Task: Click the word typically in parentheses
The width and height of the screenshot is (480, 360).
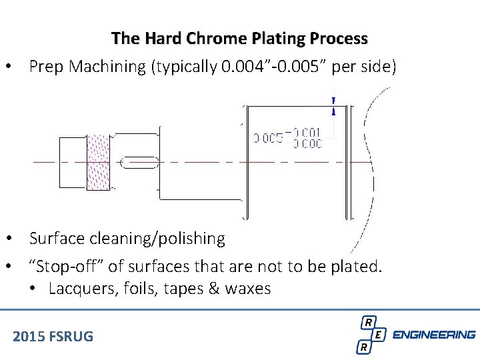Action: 185,67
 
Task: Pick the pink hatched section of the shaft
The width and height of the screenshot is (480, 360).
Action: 98,161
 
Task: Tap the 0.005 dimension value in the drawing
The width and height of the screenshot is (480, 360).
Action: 268,139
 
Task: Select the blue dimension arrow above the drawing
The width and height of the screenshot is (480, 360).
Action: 333,105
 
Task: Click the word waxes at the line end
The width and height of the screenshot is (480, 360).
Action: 248,289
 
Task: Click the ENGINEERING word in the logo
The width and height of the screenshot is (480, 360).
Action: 434,335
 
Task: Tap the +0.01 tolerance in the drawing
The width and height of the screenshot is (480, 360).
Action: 307,132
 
